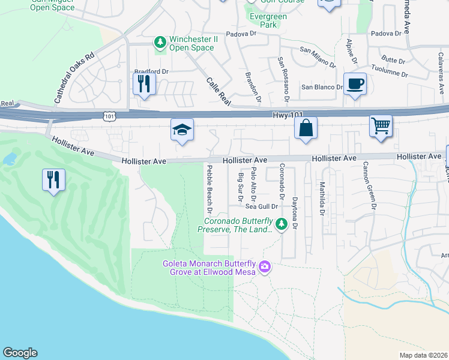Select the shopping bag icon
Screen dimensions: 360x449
click(306, 128)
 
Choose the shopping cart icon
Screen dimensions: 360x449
click(381, 126)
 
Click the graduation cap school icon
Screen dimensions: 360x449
click(182, 130)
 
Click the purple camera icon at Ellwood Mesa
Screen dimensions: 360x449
click(264, 267)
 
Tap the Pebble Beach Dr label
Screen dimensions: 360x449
click(210, 190)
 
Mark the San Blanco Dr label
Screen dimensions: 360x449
click(322, 87)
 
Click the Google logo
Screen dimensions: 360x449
click(20, 353)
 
